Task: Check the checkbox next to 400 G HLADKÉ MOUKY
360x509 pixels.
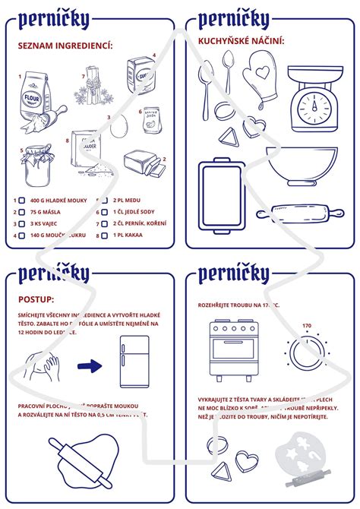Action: pos(21,201)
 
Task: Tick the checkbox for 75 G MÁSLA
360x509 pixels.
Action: pos(21,213)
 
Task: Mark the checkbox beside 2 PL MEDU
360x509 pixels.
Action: pos(106,201)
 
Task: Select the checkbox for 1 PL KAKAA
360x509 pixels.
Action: pos(106,236)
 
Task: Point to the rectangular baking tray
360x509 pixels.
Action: pos(221,194)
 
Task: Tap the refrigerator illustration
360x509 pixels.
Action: pos(134,362)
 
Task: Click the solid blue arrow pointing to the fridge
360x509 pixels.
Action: pos(90,367)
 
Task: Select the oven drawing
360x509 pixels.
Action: pos(235,350)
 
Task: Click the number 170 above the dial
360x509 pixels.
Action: pos(307,326)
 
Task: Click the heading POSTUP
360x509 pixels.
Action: pos(38,300)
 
